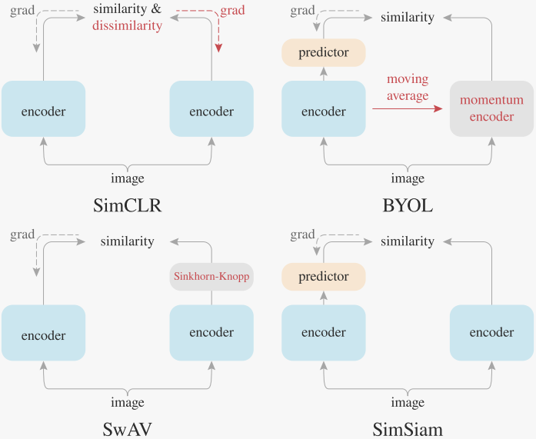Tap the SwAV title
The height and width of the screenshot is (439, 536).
(127, 429)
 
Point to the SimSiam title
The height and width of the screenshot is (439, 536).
(407, 429)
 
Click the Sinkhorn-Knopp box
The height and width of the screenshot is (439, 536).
(211, 277)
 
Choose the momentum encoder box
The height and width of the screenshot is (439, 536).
(491, 108)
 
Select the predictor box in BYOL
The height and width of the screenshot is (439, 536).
(323, 52)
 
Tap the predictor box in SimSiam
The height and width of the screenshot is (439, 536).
(323, 277)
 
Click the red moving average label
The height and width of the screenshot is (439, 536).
(408, 87)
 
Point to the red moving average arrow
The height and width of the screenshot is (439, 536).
(408, 110)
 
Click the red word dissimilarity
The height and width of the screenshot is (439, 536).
(128, 26)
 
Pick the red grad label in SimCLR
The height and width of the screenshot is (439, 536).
(234, 11)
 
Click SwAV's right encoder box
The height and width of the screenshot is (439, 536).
(211, 333)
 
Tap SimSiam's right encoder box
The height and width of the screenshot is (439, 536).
(491, 333)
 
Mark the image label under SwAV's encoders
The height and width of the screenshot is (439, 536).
(127, 402)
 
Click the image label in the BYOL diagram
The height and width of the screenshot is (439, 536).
(407, 178)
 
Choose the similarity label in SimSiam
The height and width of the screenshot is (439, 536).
(407, 241)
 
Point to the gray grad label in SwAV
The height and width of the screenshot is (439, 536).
(23, 234)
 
